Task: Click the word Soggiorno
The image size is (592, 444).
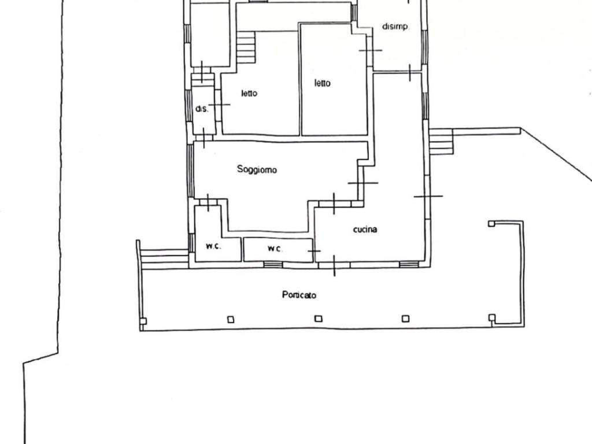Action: [257, 169]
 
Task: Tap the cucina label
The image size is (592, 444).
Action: [365, 229]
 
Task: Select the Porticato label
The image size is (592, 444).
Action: [299, 295]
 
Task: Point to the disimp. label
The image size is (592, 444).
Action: [395, 27]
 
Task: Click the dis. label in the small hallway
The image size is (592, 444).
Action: [202, 109]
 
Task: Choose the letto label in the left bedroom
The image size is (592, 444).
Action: [249, 93]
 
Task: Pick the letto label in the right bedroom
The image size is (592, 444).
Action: [323, 83]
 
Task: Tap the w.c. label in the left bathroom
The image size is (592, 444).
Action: [213, 246]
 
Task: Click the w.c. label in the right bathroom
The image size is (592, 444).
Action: [275, 249]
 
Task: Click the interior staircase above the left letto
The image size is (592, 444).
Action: [246, 47]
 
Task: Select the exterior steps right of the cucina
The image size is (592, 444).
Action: [441, 142]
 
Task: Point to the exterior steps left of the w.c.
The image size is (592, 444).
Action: [164, 259]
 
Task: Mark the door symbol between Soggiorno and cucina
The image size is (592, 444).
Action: [363, 183]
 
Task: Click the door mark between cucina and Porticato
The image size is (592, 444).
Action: [334, 265]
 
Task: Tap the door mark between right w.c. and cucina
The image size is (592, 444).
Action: [314, 251]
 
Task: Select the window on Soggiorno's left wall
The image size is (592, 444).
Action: [191, 171]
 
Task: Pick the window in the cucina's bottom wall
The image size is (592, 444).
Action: [409, 264]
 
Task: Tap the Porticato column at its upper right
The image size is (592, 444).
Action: [491, 224]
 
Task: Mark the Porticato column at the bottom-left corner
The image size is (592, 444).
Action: [143, 321]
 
